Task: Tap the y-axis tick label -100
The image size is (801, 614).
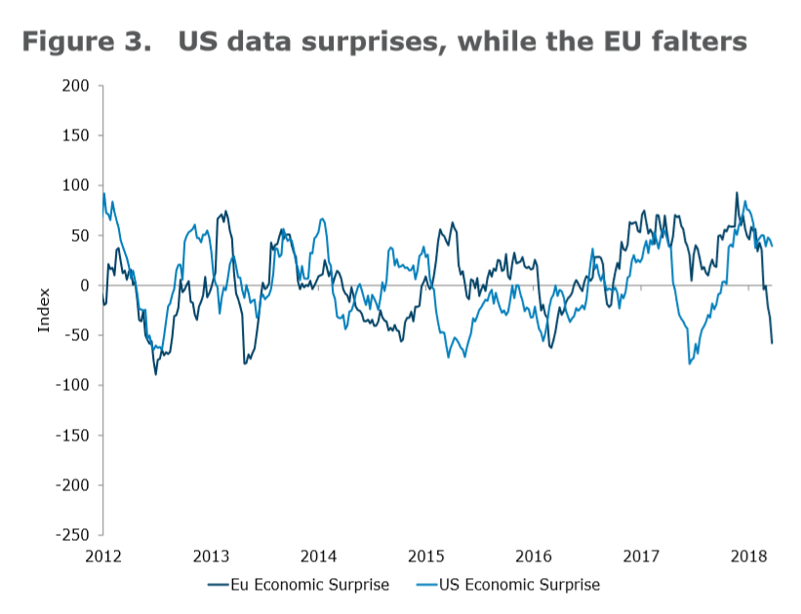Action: (x=74, y=385)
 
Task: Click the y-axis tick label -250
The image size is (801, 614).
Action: (x=74, y=535)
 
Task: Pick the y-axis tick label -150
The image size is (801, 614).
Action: (x=74, y=435)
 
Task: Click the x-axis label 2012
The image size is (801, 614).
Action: (x=103, y=556)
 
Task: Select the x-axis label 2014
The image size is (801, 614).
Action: (x=318, y=556)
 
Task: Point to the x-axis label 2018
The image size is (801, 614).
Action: (x=748, y=556)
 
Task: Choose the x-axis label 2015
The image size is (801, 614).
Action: (x=425, y=556)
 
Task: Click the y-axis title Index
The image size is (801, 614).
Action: (x=44, y=310)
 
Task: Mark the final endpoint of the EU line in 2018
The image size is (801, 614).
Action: (x=772, y=342)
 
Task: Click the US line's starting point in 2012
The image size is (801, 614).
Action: (x=103, y=193)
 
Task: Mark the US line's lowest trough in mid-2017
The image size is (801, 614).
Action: (x=689, y=364)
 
